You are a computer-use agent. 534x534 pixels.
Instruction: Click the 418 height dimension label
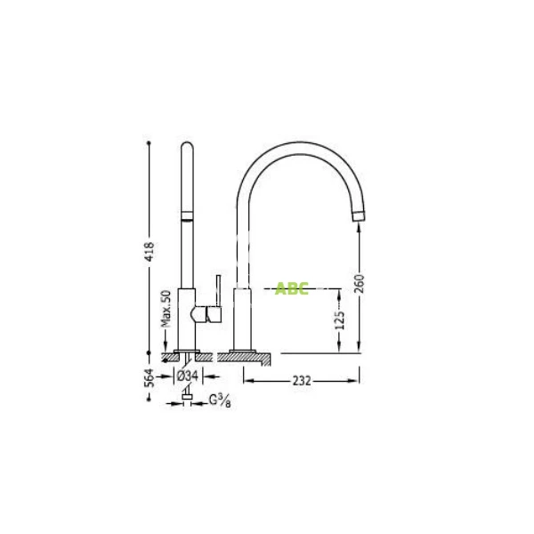point(150,251)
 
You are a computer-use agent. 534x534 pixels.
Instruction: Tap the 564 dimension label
point(150,377)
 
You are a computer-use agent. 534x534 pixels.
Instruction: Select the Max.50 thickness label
point(166,309)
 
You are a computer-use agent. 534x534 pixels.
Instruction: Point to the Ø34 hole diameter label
point(187,376)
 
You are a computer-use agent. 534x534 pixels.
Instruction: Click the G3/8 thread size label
point(220,400)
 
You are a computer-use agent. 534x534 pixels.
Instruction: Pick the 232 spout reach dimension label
point(302,380)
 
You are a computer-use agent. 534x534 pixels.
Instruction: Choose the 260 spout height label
point(359,284)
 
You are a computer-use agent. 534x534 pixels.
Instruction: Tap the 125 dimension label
point(340,320)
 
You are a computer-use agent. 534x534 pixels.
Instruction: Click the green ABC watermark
point(292,288)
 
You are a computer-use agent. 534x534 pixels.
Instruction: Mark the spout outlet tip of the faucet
point(359,216)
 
